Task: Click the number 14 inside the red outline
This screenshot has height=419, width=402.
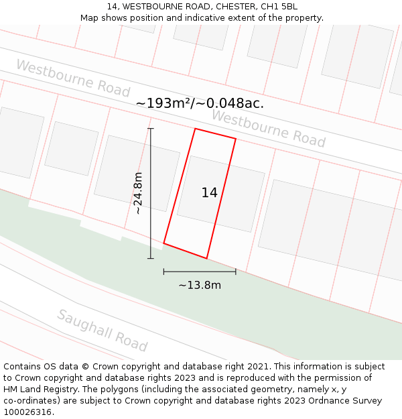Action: point(209,193)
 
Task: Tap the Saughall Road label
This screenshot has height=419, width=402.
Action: point(102,331)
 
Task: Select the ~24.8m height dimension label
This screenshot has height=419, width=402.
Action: point(138,192)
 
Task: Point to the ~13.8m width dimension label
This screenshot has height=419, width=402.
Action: point(200,285)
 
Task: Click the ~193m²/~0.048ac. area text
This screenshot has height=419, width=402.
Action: point(200,103)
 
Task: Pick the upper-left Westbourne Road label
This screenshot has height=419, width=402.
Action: point(72,78)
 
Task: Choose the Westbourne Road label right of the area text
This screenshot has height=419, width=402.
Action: point(268,129)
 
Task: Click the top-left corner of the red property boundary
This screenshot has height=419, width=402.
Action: point(195,129)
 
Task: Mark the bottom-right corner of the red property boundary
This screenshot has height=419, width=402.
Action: point(206,258)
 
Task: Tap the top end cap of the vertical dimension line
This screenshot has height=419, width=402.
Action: point(151,129)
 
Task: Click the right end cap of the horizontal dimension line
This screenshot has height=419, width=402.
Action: point(235,272)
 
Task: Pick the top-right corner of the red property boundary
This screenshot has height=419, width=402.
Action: point(236,139)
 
